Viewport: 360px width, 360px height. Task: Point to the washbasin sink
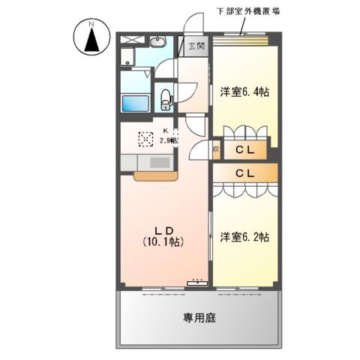click(159, 41)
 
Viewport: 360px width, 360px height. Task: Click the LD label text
click(164, 229)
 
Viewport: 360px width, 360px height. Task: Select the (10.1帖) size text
click(163, 242)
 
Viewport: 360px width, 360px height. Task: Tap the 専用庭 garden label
click(199, 318)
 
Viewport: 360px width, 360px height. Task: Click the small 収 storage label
click(215, 150)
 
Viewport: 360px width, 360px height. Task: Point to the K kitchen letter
click(166, 130)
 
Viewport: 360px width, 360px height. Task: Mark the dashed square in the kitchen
click(146, 139)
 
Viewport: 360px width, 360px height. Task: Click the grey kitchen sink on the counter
click(160, 163)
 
